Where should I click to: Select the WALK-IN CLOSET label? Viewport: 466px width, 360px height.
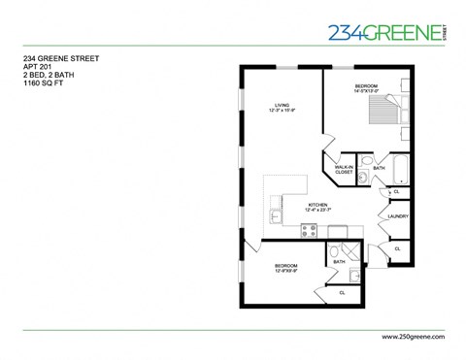click(x=343, y=170)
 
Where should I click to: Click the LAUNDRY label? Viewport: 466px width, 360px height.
click(x=397, y=216)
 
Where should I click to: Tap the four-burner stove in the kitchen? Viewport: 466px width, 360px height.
click(x=310, y=231)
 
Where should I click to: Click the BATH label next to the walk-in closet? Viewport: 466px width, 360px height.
click(x=379, y=167)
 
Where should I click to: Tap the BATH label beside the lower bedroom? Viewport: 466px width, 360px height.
click(x=339, y=262)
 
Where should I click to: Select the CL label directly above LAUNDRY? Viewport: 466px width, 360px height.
click(x=396, y=192)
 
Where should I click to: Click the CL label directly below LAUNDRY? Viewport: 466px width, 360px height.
click(x=396, y=249)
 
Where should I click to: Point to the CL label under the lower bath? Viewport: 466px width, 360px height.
click(x=341, y=292)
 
